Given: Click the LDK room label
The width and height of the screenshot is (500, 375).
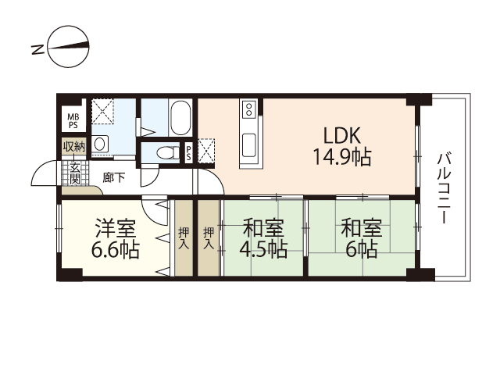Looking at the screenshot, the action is point(342,135).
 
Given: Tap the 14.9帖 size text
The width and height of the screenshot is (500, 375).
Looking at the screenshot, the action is point(342,157).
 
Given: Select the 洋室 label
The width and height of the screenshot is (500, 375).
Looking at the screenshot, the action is point(116,228).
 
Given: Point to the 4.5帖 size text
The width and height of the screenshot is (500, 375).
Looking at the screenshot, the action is point(263,249).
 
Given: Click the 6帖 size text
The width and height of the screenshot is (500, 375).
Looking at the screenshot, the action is point(362,249).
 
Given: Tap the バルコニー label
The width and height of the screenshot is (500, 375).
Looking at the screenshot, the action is point(444,188).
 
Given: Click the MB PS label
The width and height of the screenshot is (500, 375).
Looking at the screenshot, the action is point(73,121).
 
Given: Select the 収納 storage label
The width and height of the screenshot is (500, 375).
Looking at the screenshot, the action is point(74,147).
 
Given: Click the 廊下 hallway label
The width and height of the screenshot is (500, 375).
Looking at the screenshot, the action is point(114,177).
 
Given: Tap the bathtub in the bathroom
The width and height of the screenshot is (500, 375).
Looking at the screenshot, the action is point(180,118).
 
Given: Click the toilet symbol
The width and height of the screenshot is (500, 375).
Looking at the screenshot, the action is point(168,153).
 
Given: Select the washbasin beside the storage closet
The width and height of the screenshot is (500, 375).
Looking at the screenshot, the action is point(100,144).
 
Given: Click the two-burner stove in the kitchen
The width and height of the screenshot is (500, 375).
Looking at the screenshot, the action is point(248,109).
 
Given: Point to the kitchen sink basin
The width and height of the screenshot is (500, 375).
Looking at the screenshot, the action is point(248,145).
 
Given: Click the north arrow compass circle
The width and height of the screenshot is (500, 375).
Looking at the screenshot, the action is point(68,47).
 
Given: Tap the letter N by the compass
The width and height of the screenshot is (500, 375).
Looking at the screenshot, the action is point(37,50).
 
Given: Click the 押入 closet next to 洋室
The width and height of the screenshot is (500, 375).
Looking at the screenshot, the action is point(184,237).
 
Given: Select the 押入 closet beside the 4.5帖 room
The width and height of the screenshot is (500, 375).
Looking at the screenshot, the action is point(209,237).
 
